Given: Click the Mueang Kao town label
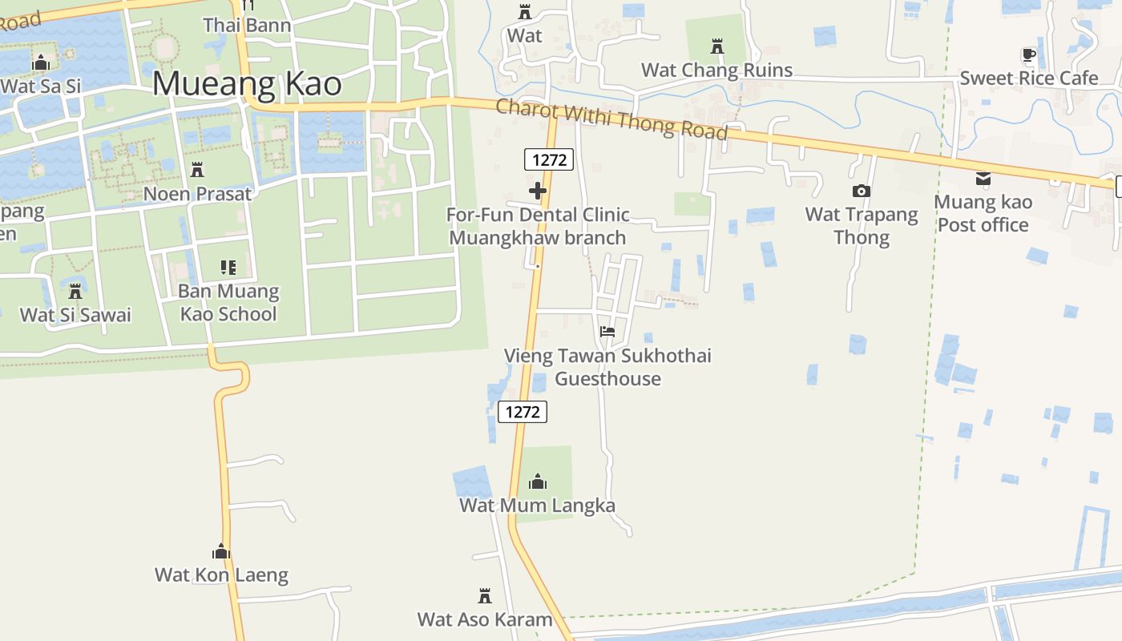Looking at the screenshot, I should [247, 84].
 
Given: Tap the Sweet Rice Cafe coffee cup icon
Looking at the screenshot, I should [1029, 55].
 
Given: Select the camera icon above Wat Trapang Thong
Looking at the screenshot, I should [862, 191].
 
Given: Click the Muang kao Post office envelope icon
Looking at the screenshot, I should [983, 179].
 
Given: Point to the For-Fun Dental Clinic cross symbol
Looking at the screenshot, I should [538, 191].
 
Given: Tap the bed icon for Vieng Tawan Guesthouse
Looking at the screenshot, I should [607, 331].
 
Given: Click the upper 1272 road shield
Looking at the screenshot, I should [549, 159].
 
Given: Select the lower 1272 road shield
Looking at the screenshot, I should [523, 412].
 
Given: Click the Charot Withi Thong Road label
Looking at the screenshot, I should [611, 119].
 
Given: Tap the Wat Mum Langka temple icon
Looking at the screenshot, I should [538, 482].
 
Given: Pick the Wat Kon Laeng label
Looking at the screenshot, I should [221, 574].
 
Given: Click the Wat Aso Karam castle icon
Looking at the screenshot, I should [485, 596].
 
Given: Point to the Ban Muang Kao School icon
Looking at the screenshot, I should [228, 268].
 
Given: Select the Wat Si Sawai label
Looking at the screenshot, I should [75, 314].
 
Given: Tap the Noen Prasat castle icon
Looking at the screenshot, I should [197, 170].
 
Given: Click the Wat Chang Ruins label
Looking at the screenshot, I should [716, 70].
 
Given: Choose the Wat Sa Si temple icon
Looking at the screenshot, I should [40, 62].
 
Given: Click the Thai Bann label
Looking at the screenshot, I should [247, 25].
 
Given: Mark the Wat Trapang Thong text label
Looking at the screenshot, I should [862, 225].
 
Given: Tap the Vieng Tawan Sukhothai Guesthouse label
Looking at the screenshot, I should [607, 367].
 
